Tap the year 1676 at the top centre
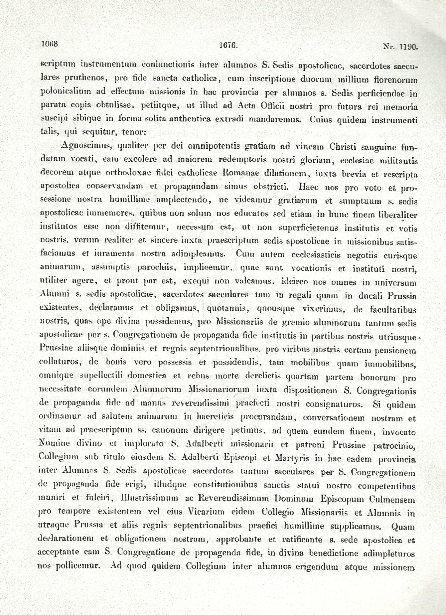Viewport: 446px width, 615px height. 228,45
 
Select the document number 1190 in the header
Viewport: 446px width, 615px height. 409,47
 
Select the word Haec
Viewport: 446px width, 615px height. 308,187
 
